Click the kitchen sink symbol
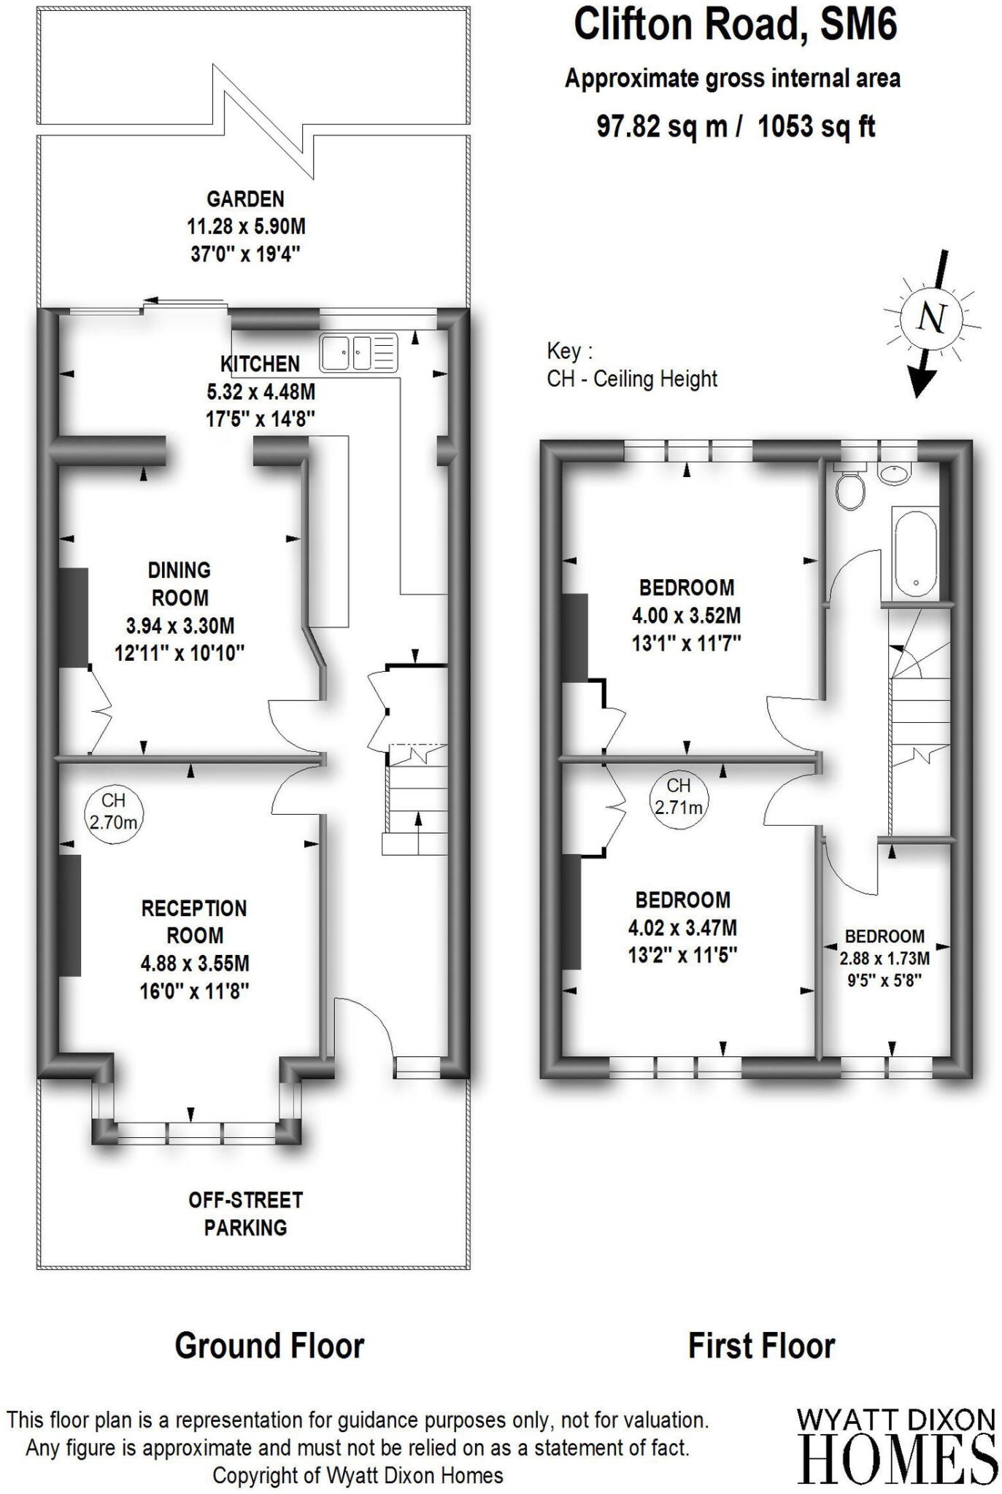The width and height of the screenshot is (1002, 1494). (358, 353)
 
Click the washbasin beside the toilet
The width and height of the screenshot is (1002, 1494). (895, 473)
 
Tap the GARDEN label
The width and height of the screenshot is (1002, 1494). (245, 199)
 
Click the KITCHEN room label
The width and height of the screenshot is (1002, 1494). (260, 364)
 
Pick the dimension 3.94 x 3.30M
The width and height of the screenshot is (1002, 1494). (180, 626)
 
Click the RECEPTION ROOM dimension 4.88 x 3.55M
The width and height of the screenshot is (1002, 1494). (195, 964)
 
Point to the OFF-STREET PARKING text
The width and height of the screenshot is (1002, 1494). (245, 1214)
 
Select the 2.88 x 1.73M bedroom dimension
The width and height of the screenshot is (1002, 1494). (885, 959)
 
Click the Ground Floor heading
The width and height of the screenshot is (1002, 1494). (269, 1347)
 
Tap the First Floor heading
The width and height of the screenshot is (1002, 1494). (761, 1347)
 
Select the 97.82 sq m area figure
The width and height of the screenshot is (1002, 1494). (662, 126)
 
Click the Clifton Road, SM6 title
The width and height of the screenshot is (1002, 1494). (735, 25)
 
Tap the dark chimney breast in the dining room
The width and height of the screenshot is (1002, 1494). (74, 617)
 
